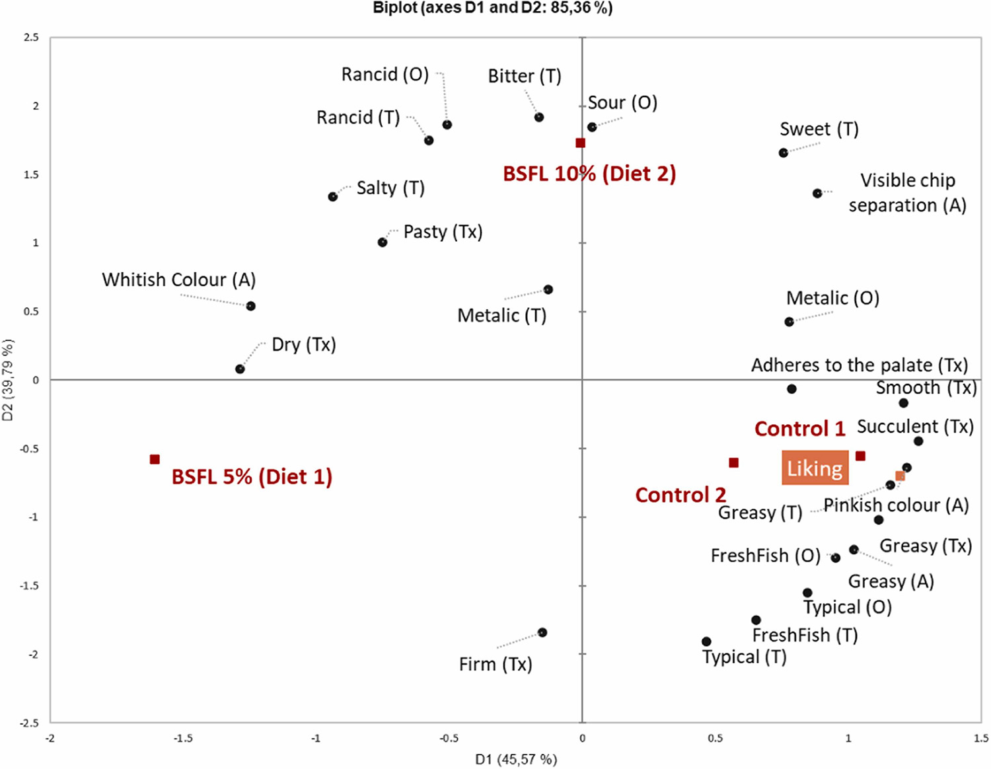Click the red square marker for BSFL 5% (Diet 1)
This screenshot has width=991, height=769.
point(155,459)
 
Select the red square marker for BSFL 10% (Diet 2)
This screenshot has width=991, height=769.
point(580,143)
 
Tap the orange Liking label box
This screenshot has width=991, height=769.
point(815,468)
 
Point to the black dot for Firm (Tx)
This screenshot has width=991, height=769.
point(542,632)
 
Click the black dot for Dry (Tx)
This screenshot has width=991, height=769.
point(240,369)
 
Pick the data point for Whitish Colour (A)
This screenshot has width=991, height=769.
point(251,306)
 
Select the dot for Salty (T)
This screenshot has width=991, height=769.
point(333,197)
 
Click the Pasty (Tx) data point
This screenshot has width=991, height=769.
point(383,242)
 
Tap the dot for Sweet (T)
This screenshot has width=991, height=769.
point(784,153)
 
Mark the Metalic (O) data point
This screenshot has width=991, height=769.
point(789,322)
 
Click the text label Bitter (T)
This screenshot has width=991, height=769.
point(525,76)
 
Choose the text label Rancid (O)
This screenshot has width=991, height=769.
point(385,74)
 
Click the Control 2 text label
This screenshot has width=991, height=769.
point(680,495)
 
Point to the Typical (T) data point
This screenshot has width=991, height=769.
point(706,641)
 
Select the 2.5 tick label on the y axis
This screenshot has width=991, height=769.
point(31,38)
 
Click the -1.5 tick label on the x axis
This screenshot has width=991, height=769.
point(183,738)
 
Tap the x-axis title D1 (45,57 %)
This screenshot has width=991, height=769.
point(516,759)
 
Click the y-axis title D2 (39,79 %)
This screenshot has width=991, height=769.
point(8,380)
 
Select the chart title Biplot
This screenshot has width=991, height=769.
point(493,8)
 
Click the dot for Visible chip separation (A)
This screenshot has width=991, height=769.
point(818,194)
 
